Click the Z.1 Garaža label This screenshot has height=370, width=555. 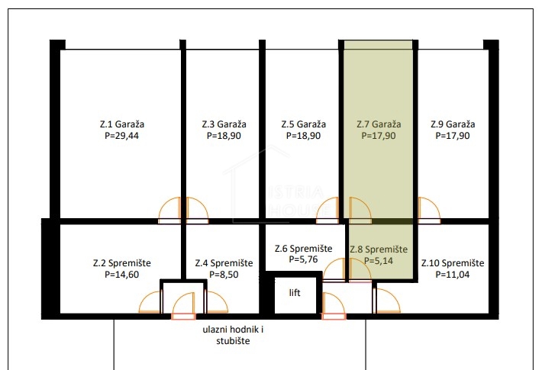click(122, 124)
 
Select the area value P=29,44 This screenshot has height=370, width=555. click(121, 136)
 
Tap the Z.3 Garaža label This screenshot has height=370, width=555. click(224, 124)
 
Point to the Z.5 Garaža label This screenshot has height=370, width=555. click(303, 124)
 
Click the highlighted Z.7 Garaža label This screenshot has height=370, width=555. click(379, 124)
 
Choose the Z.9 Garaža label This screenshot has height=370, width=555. click(453, 124)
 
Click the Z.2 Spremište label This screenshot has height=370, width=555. click(122, 263)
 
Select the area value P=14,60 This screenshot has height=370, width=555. click(121, 275)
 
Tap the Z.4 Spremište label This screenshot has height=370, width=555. click(224, 263)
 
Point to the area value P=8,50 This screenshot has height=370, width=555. click(224, 275)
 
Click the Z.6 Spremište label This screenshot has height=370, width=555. click(303, 249)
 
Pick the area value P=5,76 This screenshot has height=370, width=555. click(303, 259)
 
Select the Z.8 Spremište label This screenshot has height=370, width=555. click(379, 249)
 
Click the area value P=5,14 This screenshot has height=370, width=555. click(379, 261)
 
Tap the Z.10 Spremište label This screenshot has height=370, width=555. click(453, 263)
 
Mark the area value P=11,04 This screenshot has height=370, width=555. click(453, 275)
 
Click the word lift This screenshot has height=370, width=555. click(295, 292)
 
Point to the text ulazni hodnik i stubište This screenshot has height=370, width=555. click(233, 336)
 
